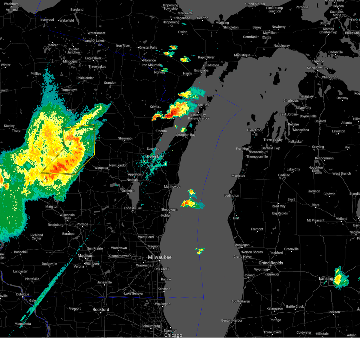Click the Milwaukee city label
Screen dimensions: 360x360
pos(160,257)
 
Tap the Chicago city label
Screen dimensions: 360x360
pos(173,335)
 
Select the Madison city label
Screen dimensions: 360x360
pos(85,256)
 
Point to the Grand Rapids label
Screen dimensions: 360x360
pos(271,263)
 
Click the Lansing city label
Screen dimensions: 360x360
pos(326,279)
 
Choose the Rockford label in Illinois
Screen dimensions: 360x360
pos(101,310)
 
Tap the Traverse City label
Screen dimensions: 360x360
pos(273,140)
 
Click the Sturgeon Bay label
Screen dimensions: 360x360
pos(186,135)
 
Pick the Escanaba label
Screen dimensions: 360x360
pos(201,70)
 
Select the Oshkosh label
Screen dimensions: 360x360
pos(128,191)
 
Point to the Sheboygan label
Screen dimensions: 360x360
pos(169,210)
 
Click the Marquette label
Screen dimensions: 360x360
pos(185,13)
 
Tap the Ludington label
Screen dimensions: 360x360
pos(232,196)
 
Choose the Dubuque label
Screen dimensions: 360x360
pos(23,294)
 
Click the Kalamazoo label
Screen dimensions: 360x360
pos(275,308)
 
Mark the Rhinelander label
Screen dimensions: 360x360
pos(85,78)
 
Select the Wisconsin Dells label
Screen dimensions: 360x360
pos(67,217)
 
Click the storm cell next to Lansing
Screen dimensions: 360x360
pos(340,277)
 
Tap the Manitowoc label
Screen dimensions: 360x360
pos(172,187)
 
